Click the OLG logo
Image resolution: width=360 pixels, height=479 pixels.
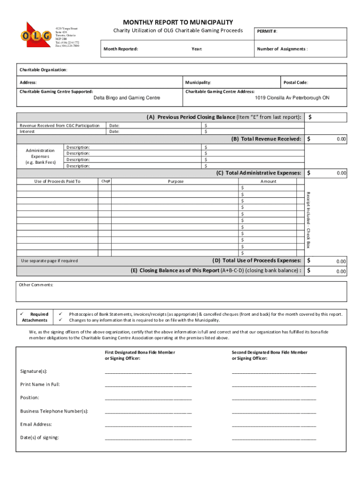pos(35,36)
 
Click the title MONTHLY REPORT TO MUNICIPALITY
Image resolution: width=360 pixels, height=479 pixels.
pos(178,22)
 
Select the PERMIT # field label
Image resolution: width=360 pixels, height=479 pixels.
pos(267,31)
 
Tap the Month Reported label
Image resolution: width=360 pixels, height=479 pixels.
pos(121,49)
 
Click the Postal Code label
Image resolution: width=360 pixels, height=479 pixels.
pos(296,82)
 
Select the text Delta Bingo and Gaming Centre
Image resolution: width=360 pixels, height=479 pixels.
pos(127,98)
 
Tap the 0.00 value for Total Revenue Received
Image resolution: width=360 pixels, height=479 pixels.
pos(341,139)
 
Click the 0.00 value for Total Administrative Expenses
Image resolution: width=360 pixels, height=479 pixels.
pos(341,173)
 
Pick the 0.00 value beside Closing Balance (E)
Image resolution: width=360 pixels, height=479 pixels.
pos(341,271)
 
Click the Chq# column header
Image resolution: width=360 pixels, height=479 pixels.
pos(106,181)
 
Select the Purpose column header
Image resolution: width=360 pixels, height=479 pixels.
pos(176,181)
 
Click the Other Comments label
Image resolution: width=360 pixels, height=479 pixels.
pos(36,285)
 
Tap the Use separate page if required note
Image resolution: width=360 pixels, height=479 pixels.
pos(50,261)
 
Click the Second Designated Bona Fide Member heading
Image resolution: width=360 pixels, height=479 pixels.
pos(270,352)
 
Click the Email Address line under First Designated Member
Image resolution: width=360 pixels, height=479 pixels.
pos(148,425)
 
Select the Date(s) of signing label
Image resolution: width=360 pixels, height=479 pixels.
pos(40,438)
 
